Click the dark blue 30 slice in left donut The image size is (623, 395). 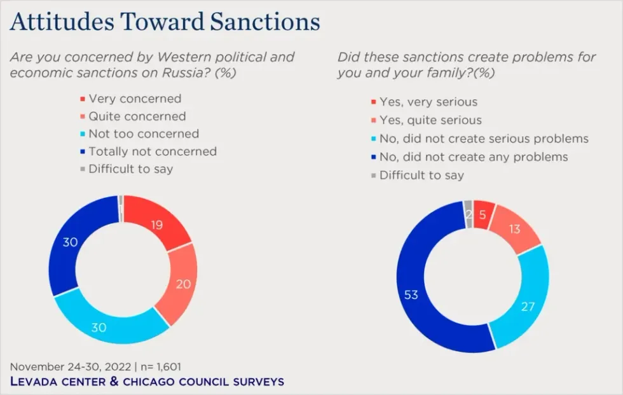tap(70, 242)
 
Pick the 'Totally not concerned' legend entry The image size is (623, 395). tap(153, 151)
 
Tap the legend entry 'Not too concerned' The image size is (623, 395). tap(144, 134)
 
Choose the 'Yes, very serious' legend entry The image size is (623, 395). tap(428, 102)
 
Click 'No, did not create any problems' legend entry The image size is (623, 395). tap(474, 156)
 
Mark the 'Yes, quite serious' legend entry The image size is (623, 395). tap(430, 120)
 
